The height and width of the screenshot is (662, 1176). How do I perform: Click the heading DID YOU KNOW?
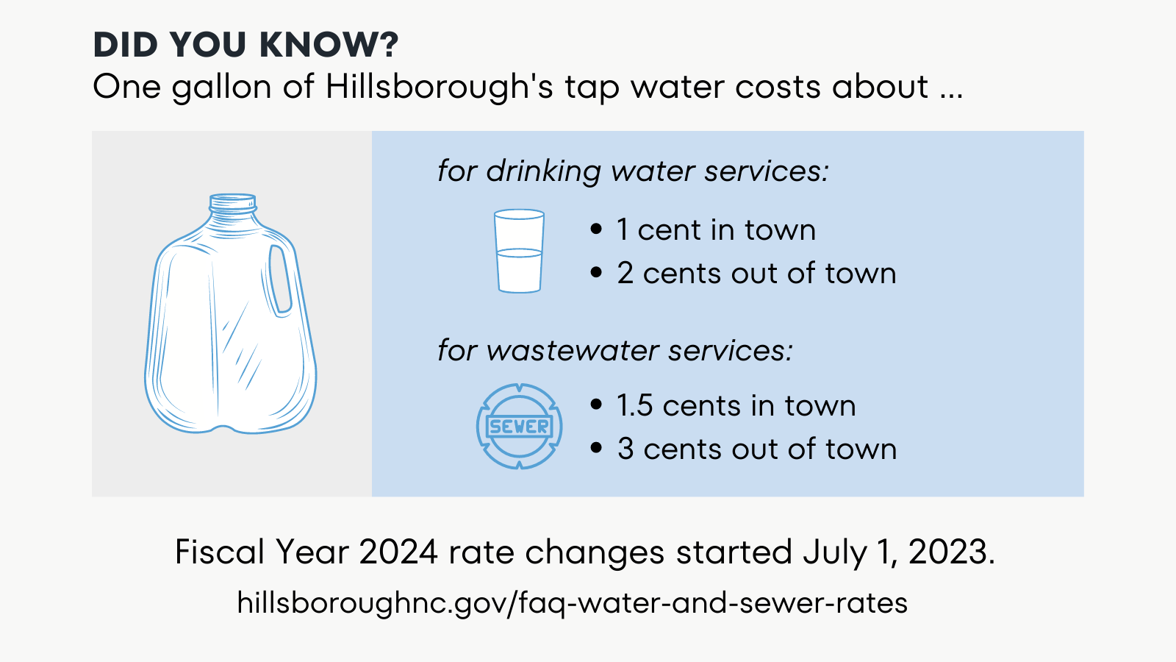pos(245,45)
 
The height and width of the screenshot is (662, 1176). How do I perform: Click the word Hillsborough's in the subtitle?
pos(439,87)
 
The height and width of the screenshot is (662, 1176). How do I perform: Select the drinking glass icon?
pos(519,252)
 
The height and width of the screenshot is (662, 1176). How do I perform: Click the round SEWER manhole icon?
pos(519,427)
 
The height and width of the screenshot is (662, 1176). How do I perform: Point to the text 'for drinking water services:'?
pos(633,171)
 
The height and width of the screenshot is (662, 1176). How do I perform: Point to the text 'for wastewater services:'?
pos(615,350)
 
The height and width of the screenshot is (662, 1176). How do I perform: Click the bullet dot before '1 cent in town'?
pos(596,229)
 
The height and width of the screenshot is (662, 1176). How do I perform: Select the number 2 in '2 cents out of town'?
pos(625,273)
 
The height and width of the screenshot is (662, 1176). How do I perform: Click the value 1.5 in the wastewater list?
pos(634,406)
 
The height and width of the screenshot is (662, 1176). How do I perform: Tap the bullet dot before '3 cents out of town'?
pos(596,448)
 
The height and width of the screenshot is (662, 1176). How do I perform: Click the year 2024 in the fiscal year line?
pos(398,552)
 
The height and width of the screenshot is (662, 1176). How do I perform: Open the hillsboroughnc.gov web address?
pos(572,603)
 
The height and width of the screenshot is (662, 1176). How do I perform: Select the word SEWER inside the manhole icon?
pos(519,427)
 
